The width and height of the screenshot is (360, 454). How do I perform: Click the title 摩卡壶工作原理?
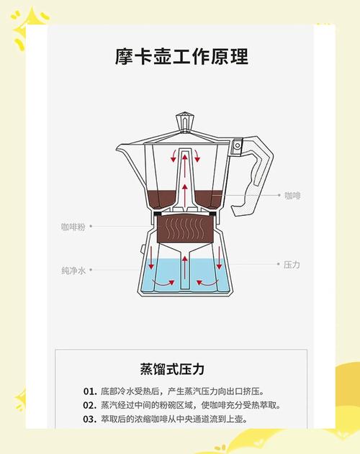coord(181,56)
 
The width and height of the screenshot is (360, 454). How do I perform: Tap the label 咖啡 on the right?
coord(292,196)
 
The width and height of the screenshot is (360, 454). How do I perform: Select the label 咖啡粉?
coord(73,227)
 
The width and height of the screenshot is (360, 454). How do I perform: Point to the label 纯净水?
coord(73,271)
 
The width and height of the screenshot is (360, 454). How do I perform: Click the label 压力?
coord(292,264)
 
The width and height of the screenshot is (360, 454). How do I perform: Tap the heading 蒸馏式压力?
coord(172,369)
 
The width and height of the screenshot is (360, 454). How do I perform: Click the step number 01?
coord(90,391)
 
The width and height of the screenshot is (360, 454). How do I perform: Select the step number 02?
coord(90,405)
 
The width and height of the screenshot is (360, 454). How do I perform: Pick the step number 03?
coord(90,419)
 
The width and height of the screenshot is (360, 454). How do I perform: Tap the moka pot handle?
coord(252,176)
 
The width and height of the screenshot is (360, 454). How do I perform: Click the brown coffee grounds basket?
coord(186,229)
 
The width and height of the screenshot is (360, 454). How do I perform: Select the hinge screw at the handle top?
coord(238,145)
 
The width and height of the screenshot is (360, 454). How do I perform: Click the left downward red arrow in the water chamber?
coord(150,258)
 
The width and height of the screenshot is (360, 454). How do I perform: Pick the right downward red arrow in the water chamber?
coord(219,258)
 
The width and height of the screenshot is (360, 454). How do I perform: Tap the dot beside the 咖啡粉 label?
coord(91,226)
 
